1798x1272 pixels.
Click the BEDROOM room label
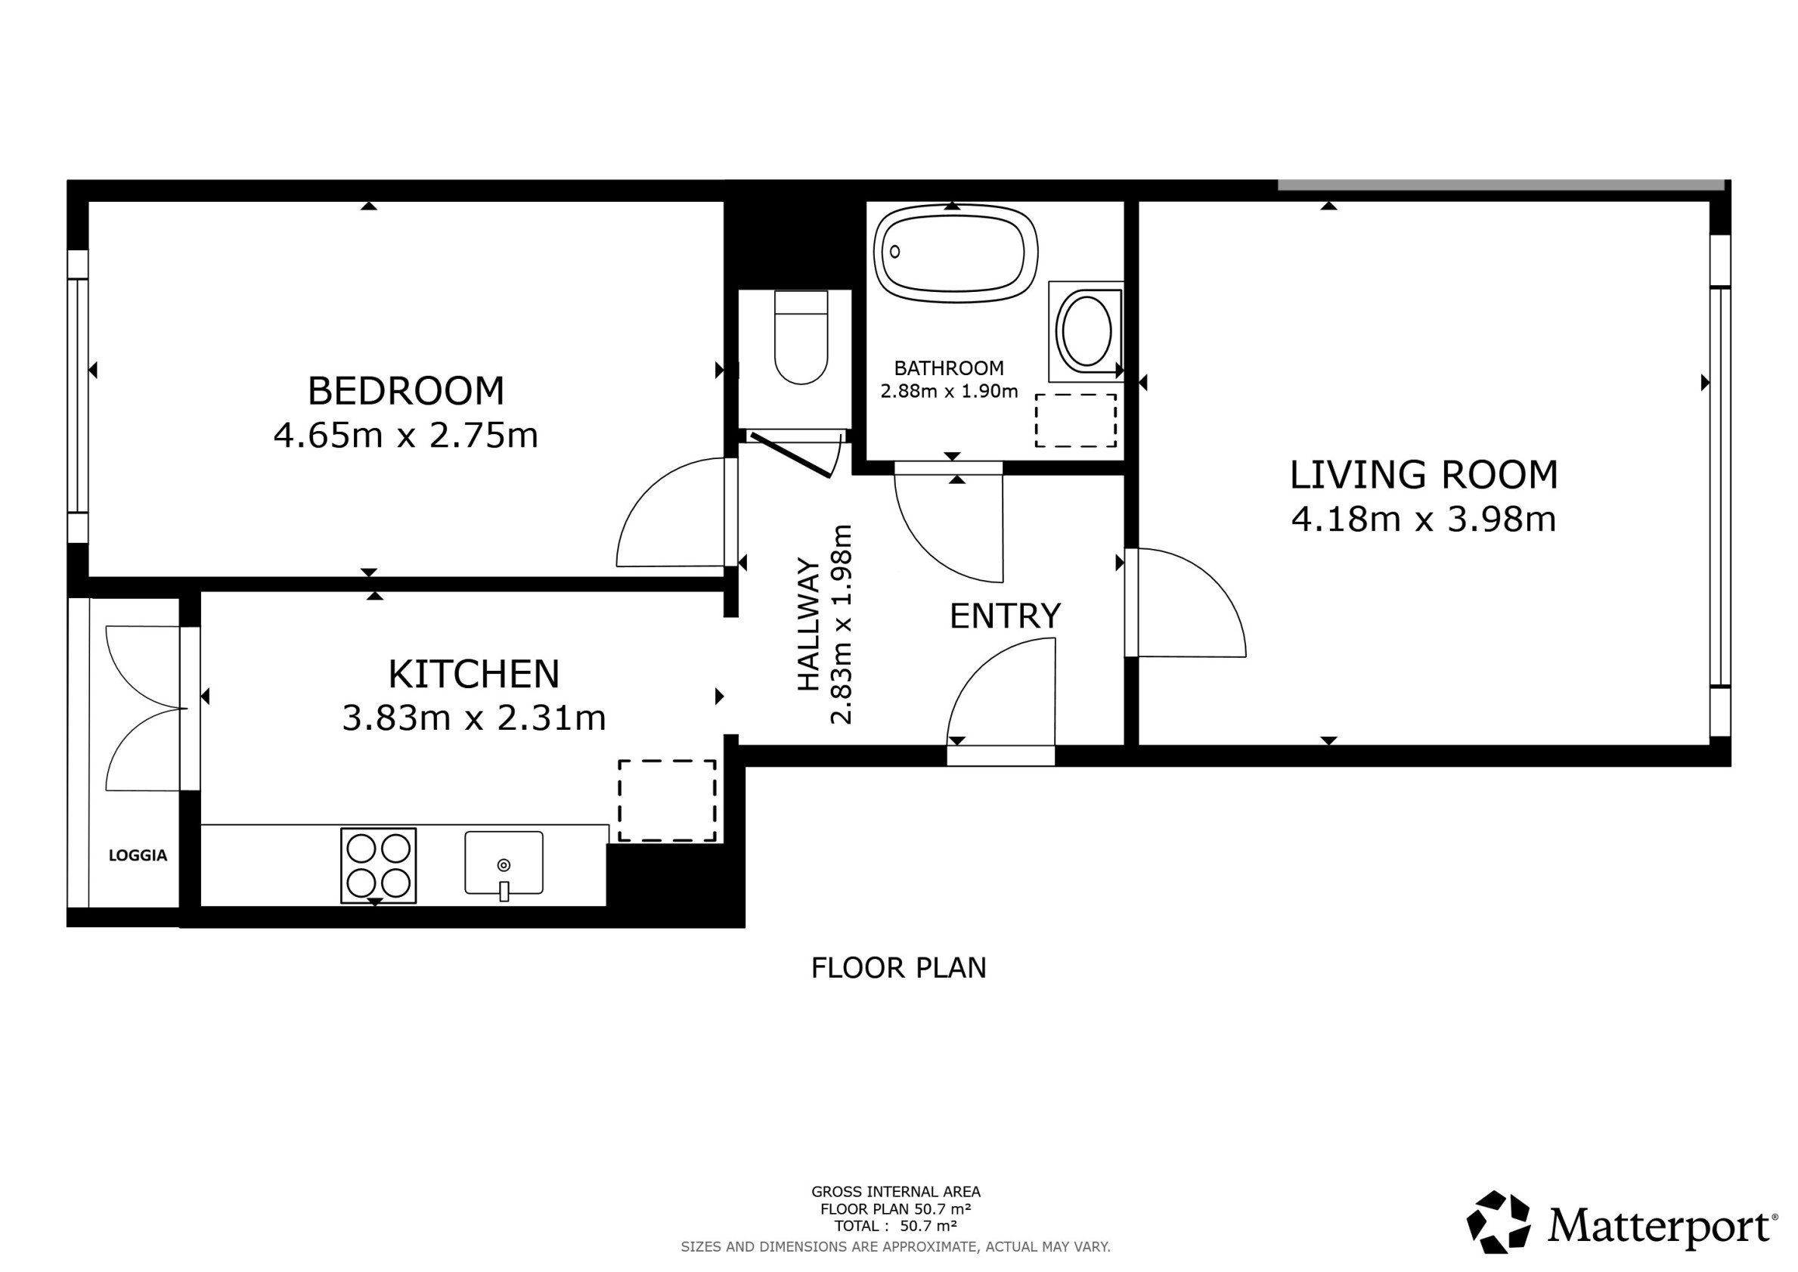(x=405, y=391)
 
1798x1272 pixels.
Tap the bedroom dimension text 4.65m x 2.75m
(x=405, y=436)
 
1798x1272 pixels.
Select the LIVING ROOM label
(x=1424, y=475)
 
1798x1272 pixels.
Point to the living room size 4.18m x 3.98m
(x=1424, y=520)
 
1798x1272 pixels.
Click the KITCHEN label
(x=474, y=674)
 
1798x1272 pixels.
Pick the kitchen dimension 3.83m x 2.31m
(x=474, y=718)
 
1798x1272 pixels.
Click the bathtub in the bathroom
(x=956, y=253)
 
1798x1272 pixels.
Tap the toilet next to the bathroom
(x=800, y=337)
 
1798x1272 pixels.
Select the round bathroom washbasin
(x=1084, y=330)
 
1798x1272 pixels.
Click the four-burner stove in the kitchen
(x=378, y=865)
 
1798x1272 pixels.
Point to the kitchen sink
(x=504, y=863)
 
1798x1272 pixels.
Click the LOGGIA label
(x=138, y=855)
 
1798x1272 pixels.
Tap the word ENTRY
(x=1005, y=616)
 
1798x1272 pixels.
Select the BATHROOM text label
(x=948, y=368)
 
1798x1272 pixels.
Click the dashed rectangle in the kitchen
(x=667, y=800)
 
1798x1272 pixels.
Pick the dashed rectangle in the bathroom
(x=1076, y=420)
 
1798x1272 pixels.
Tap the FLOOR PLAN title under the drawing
(x=898, y=968)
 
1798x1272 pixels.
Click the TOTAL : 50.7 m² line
(x=895, y=1226)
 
